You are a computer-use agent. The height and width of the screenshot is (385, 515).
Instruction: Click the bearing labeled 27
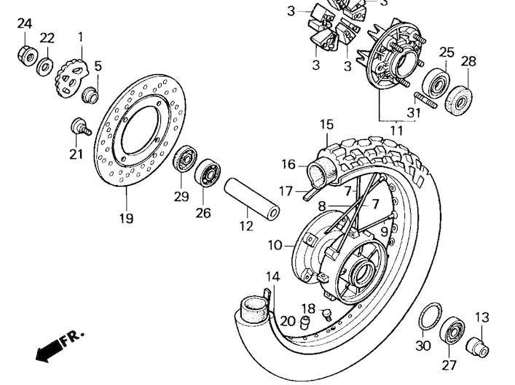452,333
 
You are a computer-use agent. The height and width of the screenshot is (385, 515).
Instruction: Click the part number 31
414,112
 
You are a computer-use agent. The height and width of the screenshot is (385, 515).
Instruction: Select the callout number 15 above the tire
326,125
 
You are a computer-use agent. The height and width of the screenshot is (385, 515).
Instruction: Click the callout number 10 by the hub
274,246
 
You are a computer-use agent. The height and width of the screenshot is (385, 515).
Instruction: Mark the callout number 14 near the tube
272,276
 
